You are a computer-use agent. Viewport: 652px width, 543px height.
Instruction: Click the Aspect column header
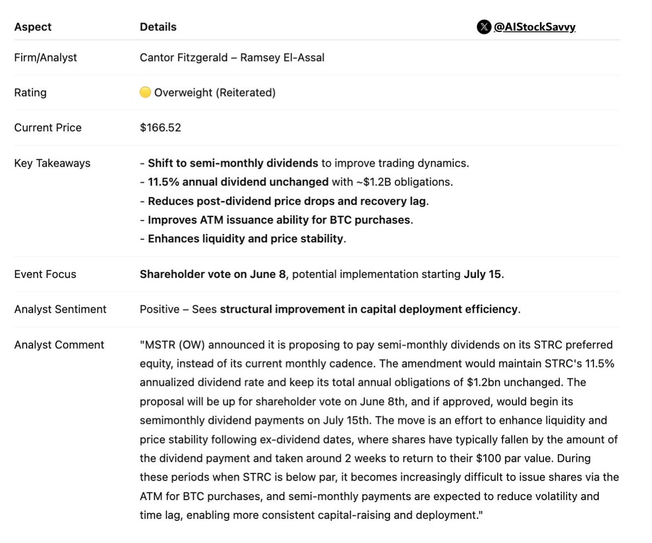[x=32, y=27]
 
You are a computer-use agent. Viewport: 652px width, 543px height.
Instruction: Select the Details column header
[x=158, y=27]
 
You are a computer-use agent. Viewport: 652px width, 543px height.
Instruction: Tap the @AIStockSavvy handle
[x=534, y=27]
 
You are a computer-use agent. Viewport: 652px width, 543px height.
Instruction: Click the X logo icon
[x=484, y=27]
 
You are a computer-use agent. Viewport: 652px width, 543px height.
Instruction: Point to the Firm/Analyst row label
[x=46, y=58]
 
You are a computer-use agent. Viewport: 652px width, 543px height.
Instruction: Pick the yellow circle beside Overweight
[x=145, y=93]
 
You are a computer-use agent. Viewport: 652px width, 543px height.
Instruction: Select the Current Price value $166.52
[x=160, y=128]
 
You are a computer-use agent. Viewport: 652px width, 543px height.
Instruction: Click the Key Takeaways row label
[x=52, y=163]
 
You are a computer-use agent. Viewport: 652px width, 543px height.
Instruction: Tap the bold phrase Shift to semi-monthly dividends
[x=233, y=163]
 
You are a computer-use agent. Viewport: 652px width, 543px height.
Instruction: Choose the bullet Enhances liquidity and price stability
[x=245, y=239]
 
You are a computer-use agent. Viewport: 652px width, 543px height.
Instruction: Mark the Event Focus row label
[x=45, y=274]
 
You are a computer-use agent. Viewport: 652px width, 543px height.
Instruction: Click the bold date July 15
[x=482, y=274]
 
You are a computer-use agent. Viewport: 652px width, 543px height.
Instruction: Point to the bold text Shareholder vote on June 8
[x=212, y=274]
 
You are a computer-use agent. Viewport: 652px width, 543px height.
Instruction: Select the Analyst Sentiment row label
[x=60, y=310]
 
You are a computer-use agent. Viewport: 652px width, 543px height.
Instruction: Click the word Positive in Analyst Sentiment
[x=160, y=310]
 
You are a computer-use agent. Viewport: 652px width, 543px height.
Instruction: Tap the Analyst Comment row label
[x=59, y=345]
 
